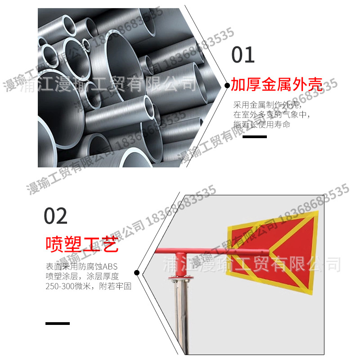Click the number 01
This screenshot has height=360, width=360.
pos(243,55)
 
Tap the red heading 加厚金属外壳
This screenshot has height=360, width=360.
pos(277,84)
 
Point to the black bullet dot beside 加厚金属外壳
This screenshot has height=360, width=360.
pos(227,85)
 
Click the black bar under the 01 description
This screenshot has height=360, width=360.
pos(255,136)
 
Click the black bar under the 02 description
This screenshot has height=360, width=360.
pos(58,323)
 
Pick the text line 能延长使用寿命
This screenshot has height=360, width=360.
pos(261,124)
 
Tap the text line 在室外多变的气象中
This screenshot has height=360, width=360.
pos(271,114)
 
